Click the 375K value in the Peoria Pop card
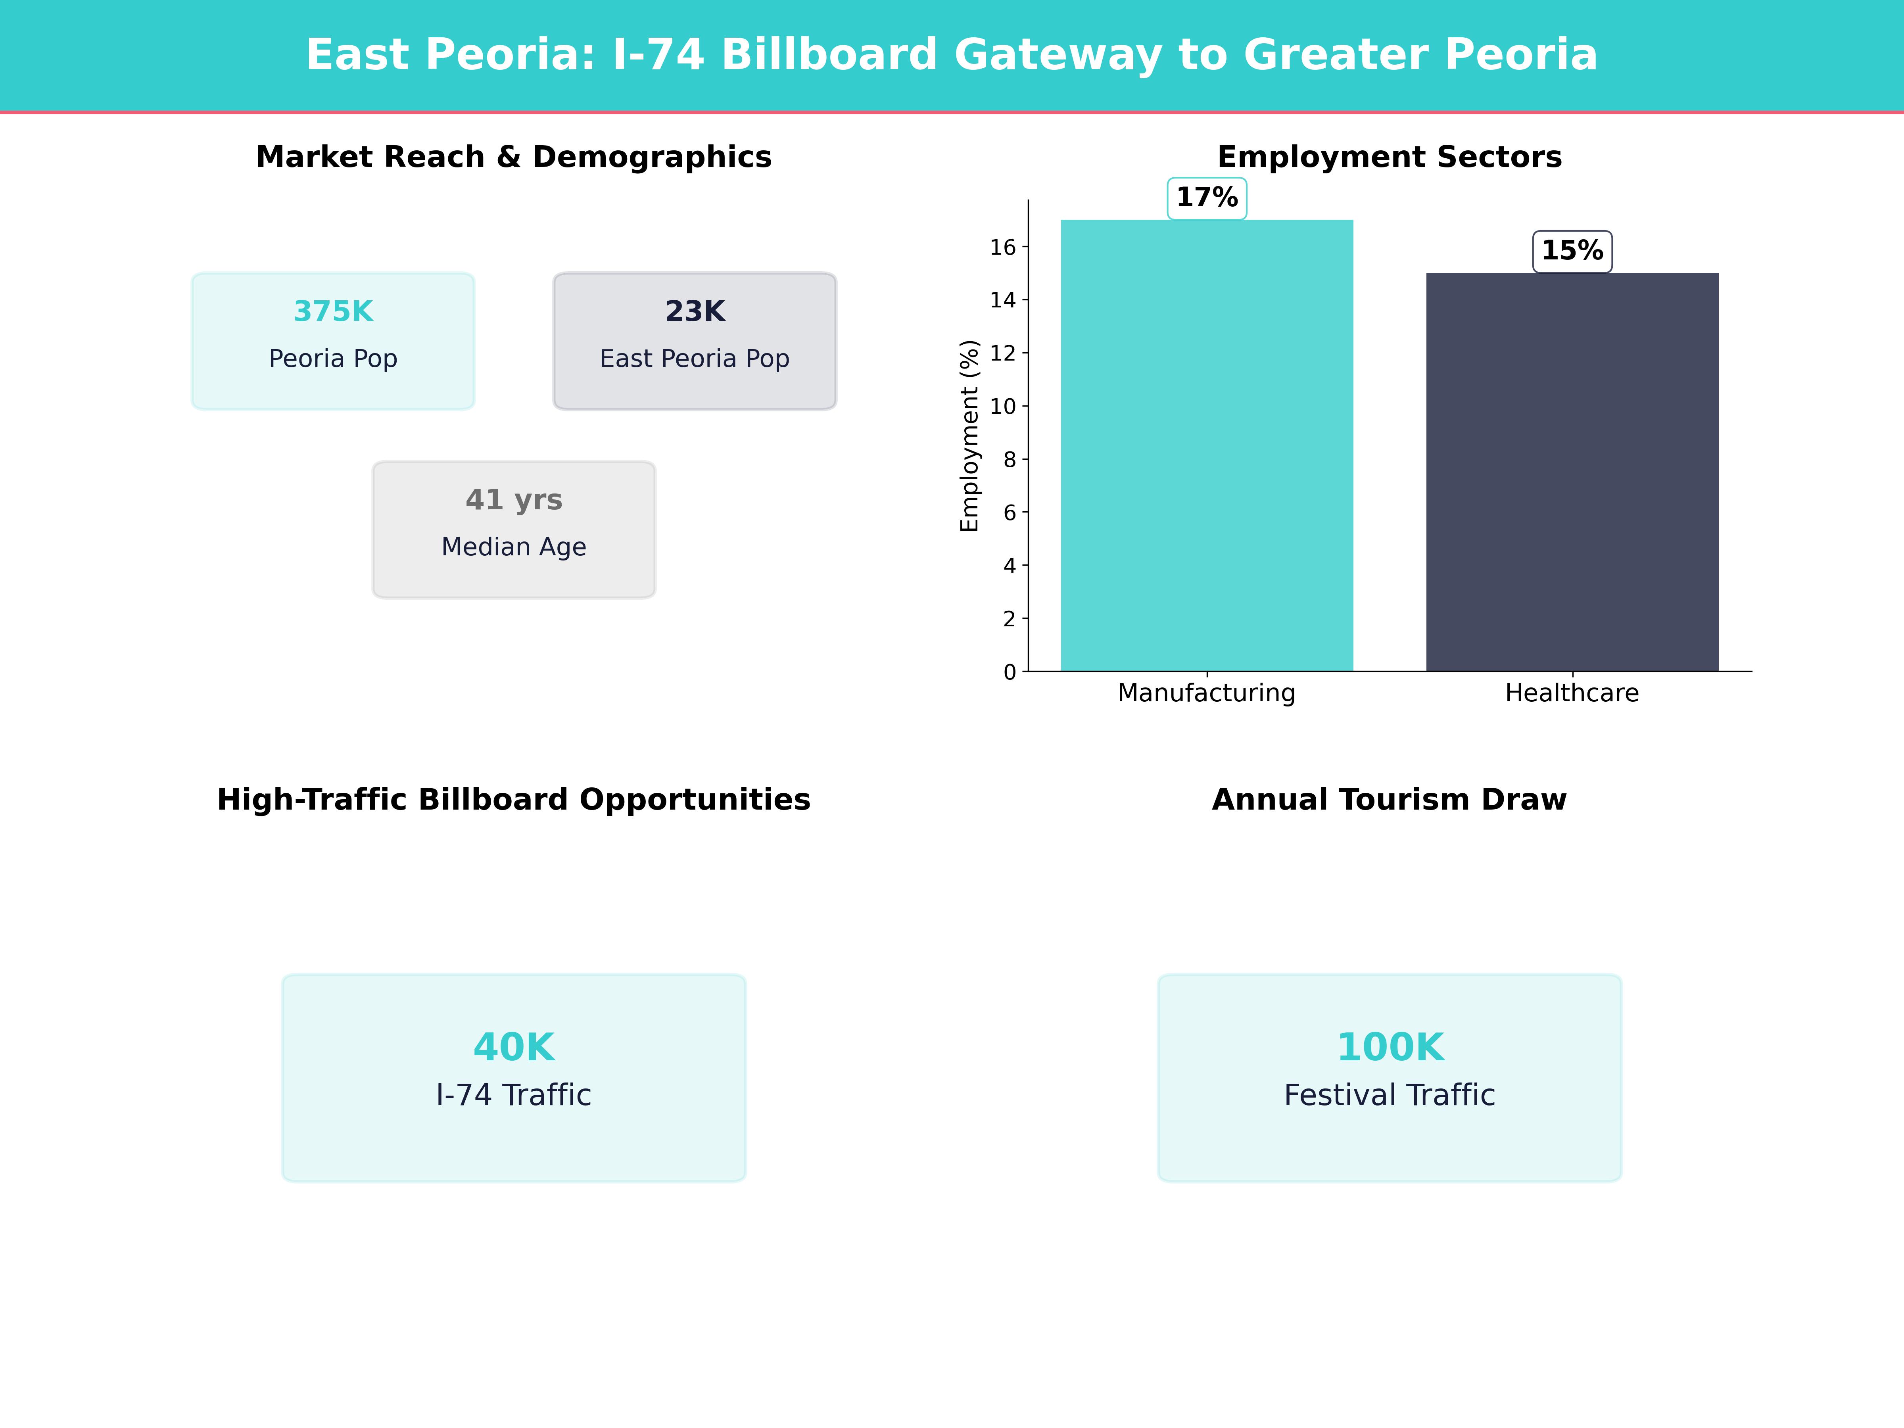[x=333, y=312]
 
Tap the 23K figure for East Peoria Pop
[x=695, y=312]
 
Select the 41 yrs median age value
[x=514, y=500]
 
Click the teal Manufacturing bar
[x=1207, y=447]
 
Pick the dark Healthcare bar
[x=1572, y=473]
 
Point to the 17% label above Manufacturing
[x=1207, y=198]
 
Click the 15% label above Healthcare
[x=1572, y=251]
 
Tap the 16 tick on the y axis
[x=1003, y=248]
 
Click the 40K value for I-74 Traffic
[x=514, y=1048]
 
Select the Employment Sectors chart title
[x=1389, y=157]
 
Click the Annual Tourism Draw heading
[x=1389, y=800]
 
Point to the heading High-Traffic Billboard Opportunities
[x=514, y=800]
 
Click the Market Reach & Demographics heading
[x=514, y=157]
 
